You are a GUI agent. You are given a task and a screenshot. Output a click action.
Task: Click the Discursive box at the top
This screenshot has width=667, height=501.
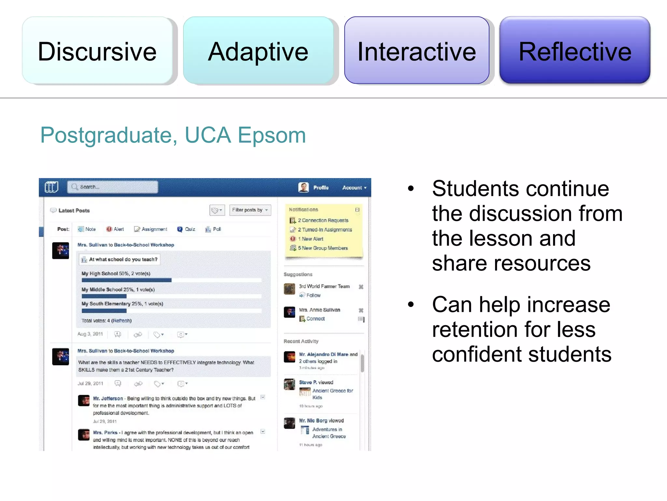click(97, 51)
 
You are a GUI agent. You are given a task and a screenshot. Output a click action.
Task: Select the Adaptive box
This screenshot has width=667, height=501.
click(258, 51)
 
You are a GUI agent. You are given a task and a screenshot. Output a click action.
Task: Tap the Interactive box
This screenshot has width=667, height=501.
click(417, 51)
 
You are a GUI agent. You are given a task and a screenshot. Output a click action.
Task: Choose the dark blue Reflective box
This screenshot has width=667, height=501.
click(575, 51)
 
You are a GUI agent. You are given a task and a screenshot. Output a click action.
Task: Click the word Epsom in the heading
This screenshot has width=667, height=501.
click(272, 135)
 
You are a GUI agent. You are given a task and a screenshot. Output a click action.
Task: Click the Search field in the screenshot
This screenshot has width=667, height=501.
click(113, 187)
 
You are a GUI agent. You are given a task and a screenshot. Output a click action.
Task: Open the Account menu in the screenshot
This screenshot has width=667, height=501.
click(354, 188)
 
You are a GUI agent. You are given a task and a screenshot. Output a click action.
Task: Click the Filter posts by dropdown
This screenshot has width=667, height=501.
click(250, 210)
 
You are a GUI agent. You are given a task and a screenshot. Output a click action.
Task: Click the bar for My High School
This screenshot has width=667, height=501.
click(126, 280)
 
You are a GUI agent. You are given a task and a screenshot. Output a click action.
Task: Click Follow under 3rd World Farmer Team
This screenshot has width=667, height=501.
click(313, 295)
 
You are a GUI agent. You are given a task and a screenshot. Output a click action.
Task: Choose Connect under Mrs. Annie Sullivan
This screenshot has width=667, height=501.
click(315, 319)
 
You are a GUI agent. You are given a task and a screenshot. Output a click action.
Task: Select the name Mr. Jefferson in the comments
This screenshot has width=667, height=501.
click(108, 399)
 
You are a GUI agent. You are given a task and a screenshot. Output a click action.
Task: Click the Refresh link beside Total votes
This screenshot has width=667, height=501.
click(121, 321)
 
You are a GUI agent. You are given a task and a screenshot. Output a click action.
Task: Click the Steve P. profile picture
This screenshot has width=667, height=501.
click(289, 384)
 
